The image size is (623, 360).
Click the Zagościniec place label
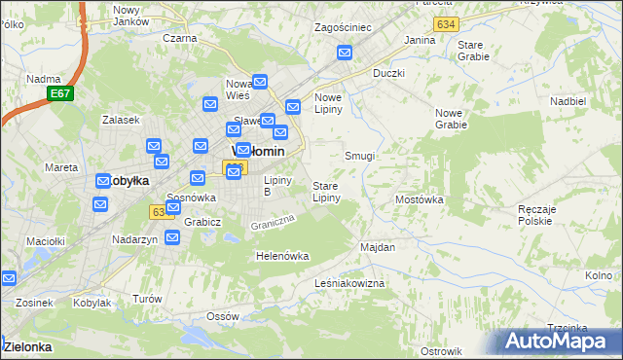coord(343,28)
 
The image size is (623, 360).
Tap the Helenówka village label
coord(281,256)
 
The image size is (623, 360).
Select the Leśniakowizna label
coord(350,282)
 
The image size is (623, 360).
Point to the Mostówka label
coord(420,199)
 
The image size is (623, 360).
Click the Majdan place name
coord(378,247)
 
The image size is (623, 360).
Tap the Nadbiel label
coord(568,100)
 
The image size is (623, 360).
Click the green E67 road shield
coord(60,93)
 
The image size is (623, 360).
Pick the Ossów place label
coord(223,317)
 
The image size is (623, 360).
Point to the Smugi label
coord(359,156)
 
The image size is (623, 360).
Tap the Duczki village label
coord(388,73)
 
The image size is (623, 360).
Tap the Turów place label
coord(146,299)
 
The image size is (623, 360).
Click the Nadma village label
coord(44,79)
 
